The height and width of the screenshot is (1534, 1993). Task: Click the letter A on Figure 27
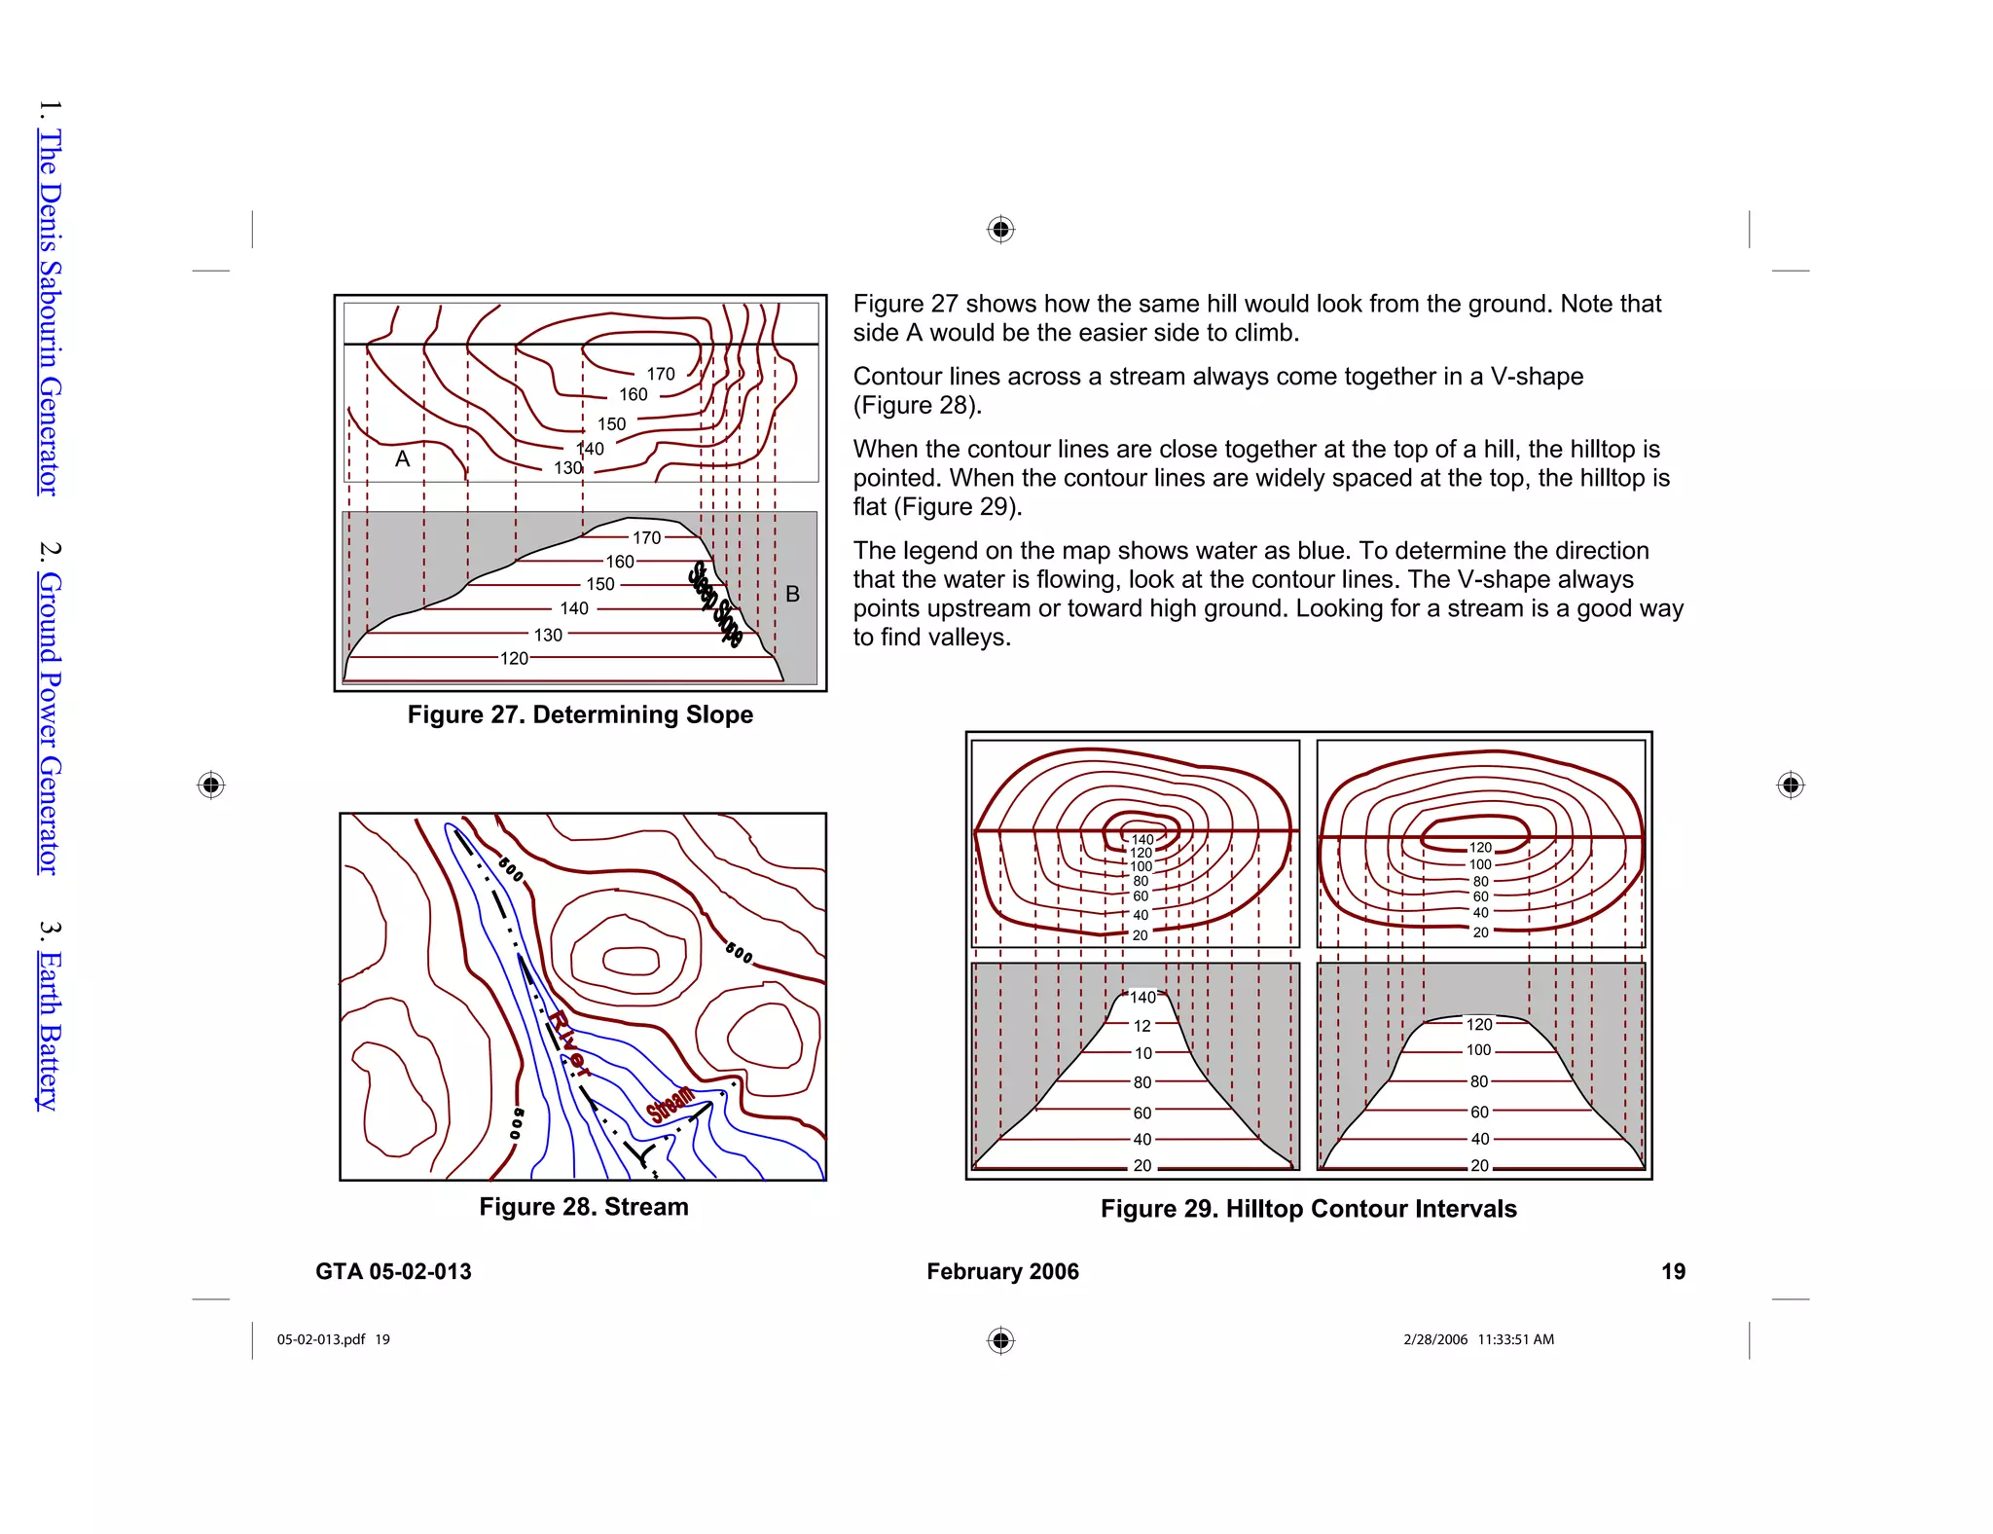pyautogui.click(x=402, y=459)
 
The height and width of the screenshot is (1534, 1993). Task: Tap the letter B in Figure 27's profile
pyautogui.click(x=792, y=594)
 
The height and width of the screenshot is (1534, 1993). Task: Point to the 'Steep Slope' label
pyautogui.click(x=715, y=604)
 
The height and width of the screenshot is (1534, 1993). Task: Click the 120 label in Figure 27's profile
pyautogui.click(x=514, y=659)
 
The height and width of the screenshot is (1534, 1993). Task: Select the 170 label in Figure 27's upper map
pyautogui.click(x=660, y=374)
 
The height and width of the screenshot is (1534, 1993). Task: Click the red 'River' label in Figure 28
pyautogui.click(x=568, y=1042)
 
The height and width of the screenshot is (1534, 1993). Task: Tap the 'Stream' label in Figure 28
pyautogui.click(x=671, y=1104)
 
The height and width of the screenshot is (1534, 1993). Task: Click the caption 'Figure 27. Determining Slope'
pyautogui.click(x=580, y=714)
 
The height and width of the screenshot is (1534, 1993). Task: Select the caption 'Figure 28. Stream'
pyautogui.click(x=583, y=1207)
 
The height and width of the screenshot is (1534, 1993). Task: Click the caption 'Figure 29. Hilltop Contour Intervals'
pyautogui.click(x=1308, y=1209)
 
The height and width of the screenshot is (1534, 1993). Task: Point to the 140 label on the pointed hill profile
pyautogui.click(x=1142, y=998)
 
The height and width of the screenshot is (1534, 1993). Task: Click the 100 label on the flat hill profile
pyautogui.click(x=1478, y=1050)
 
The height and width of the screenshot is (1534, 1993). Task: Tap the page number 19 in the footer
pyautogui.click(x=1673, y=1271)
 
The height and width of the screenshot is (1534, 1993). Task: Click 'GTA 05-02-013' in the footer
pyautogui.click(x=393, y=1271)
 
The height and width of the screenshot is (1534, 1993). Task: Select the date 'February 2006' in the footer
pyautogui.click(x=1002, y=1271)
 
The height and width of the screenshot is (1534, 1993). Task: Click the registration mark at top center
pyautogui.click(x=1000, y=230)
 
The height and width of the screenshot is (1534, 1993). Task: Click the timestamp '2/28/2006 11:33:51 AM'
pyautogui.click(x=1478, y=1339)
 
